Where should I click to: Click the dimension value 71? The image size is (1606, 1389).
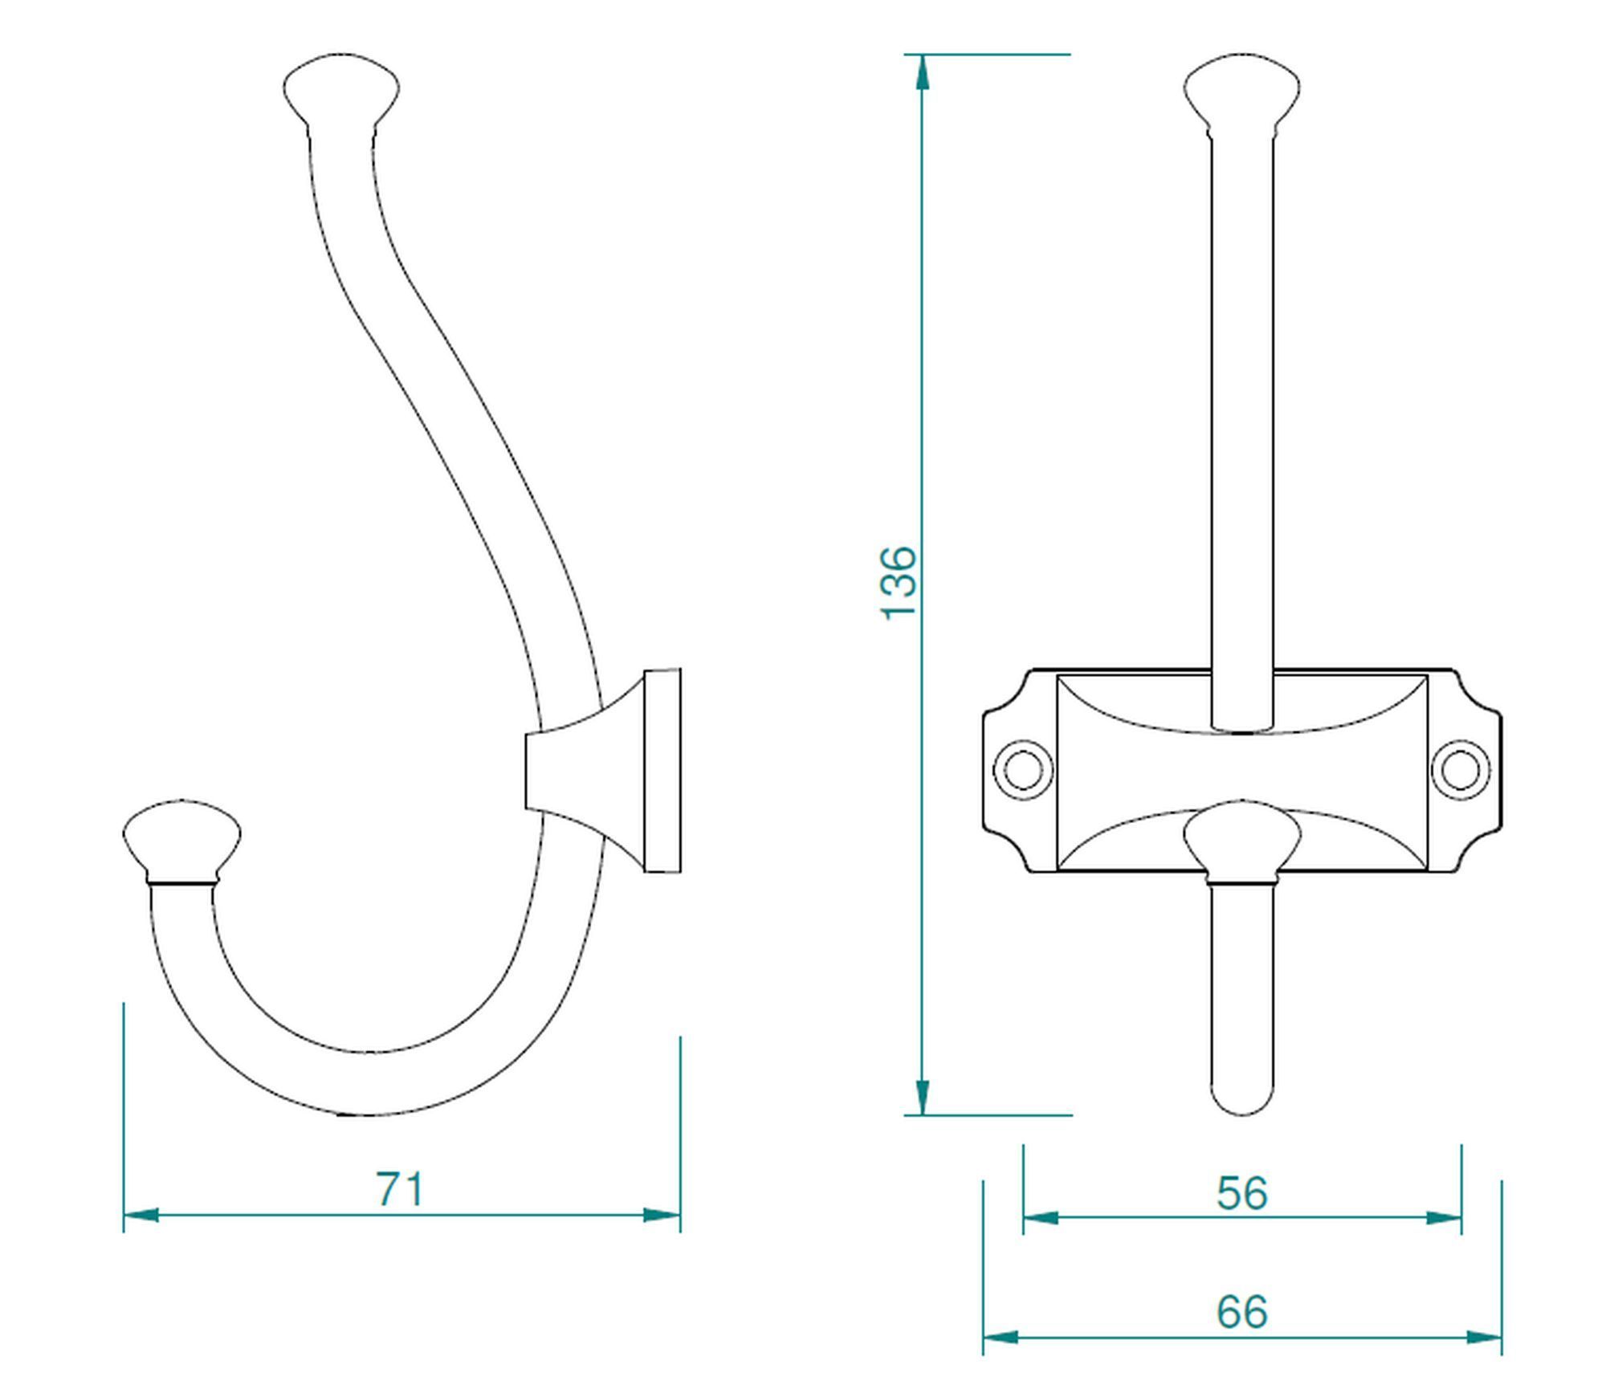point(399,1189)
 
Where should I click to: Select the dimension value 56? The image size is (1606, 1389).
point(1241,1193)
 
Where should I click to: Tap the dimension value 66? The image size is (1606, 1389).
point(1241,1312)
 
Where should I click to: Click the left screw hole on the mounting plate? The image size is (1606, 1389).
point(1023,769)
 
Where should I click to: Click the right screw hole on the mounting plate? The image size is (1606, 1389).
point(1461,769)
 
